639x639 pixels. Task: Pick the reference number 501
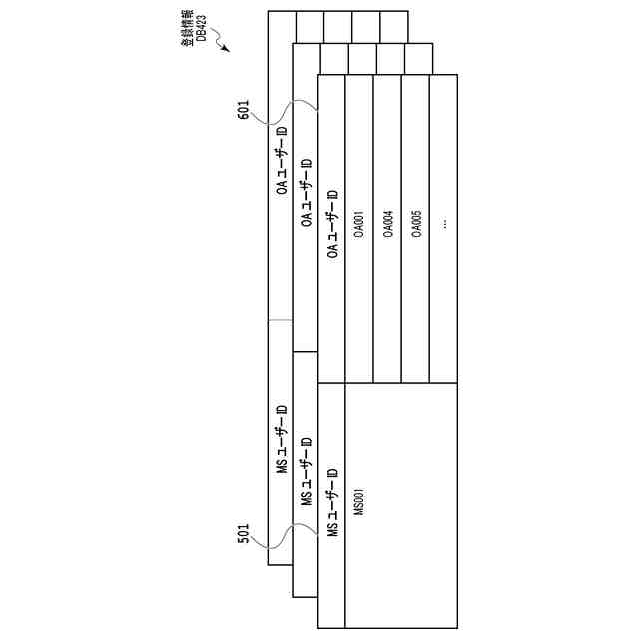[x=243, y=535]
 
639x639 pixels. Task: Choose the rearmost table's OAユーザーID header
[x=282, y=160]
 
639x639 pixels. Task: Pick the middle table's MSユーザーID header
[x=307, y=471]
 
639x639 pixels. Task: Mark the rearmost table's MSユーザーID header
[x=282, y=439]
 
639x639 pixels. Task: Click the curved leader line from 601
[x=285, y=112]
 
